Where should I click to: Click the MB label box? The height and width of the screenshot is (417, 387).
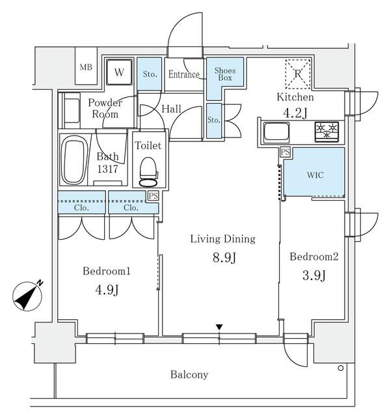[x=86, y=67]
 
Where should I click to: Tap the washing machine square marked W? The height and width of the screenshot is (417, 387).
[x=119, y=72]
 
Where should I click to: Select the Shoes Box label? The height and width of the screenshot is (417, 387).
[x=225, y=74]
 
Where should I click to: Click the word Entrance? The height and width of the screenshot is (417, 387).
[x=183, y=74]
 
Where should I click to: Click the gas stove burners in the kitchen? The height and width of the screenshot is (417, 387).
[x=327, y=130]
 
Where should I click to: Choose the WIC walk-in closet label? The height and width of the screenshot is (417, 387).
[x=314, y=175]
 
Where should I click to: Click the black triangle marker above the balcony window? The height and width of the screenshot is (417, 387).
[x=220, y=327]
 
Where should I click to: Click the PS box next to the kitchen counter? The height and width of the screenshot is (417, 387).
[x=284, y=151]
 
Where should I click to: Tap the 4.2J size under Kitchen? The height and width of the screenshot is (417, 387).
[x=296, y=112]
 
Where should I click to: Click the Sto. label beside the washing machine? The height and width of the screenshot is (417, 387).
[x=149, y=74]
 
